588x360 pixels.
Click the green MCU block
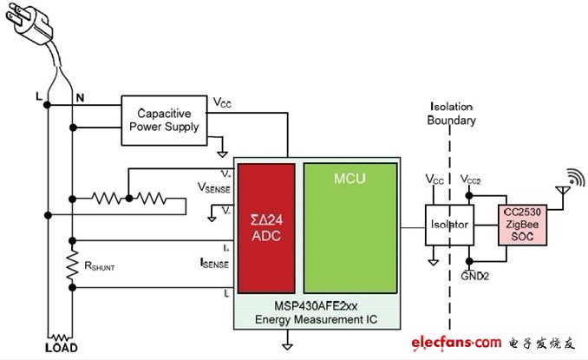pyautogui.click(x=350, y=226)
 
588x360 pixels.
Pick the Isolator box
pyautogui.click(x=448, y=225)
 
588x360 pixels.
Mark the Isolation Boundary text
pyautogui.click(x=453, y=115)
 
